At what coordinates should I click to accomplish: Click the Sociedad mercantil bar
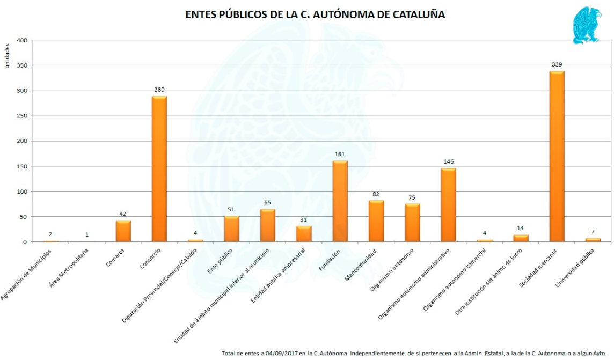pos(557,157)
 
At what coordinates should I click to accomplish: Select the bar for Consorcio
pos(159,169)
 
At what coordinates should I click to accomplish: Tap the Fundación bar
pos(340,201)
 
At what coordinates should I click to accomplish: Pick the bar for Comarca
pos(123,231)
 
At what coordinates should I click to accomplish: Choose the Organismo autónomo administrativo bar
pos(448,205)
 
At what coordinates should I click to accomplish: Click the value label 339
pos(557,65)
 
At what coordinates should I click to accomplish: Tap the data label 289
pos(159,90)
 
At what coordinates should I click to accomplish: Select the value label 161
pos(340,155)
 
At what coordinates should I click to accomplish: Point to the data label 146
pos(449,161)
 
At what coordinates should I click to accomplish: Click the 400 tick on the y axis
pos(21,40)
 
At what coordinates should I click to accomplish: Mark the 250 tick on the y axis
pos(21,116)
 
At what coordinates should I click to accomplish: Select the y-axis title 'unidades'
pos(8,57)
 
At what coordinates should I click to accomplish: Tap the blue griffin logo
pos(586,25)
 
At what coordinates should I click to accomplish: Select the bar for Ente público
pos(231,229)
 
